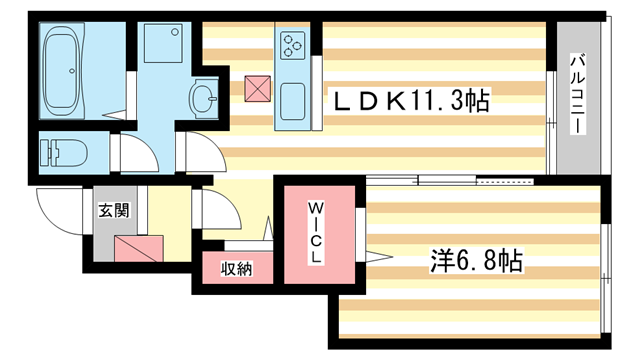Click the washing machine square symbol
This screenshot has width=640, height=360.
[x=160, y=46]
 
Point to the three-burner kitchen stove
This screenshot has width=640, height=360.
[x=293, y=44]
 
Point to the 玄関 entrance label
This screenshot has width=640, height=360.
[x=112, y=210]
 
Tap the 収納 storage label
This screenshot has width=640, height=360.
[x=236, y=268]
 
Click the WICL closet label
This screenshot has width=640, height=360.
[x=314, y=233]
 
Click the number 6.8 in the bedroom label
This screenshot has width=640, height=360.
[x=482, y=262]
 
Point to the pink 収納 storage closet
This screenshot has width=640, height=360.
[x=236, y=269]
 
